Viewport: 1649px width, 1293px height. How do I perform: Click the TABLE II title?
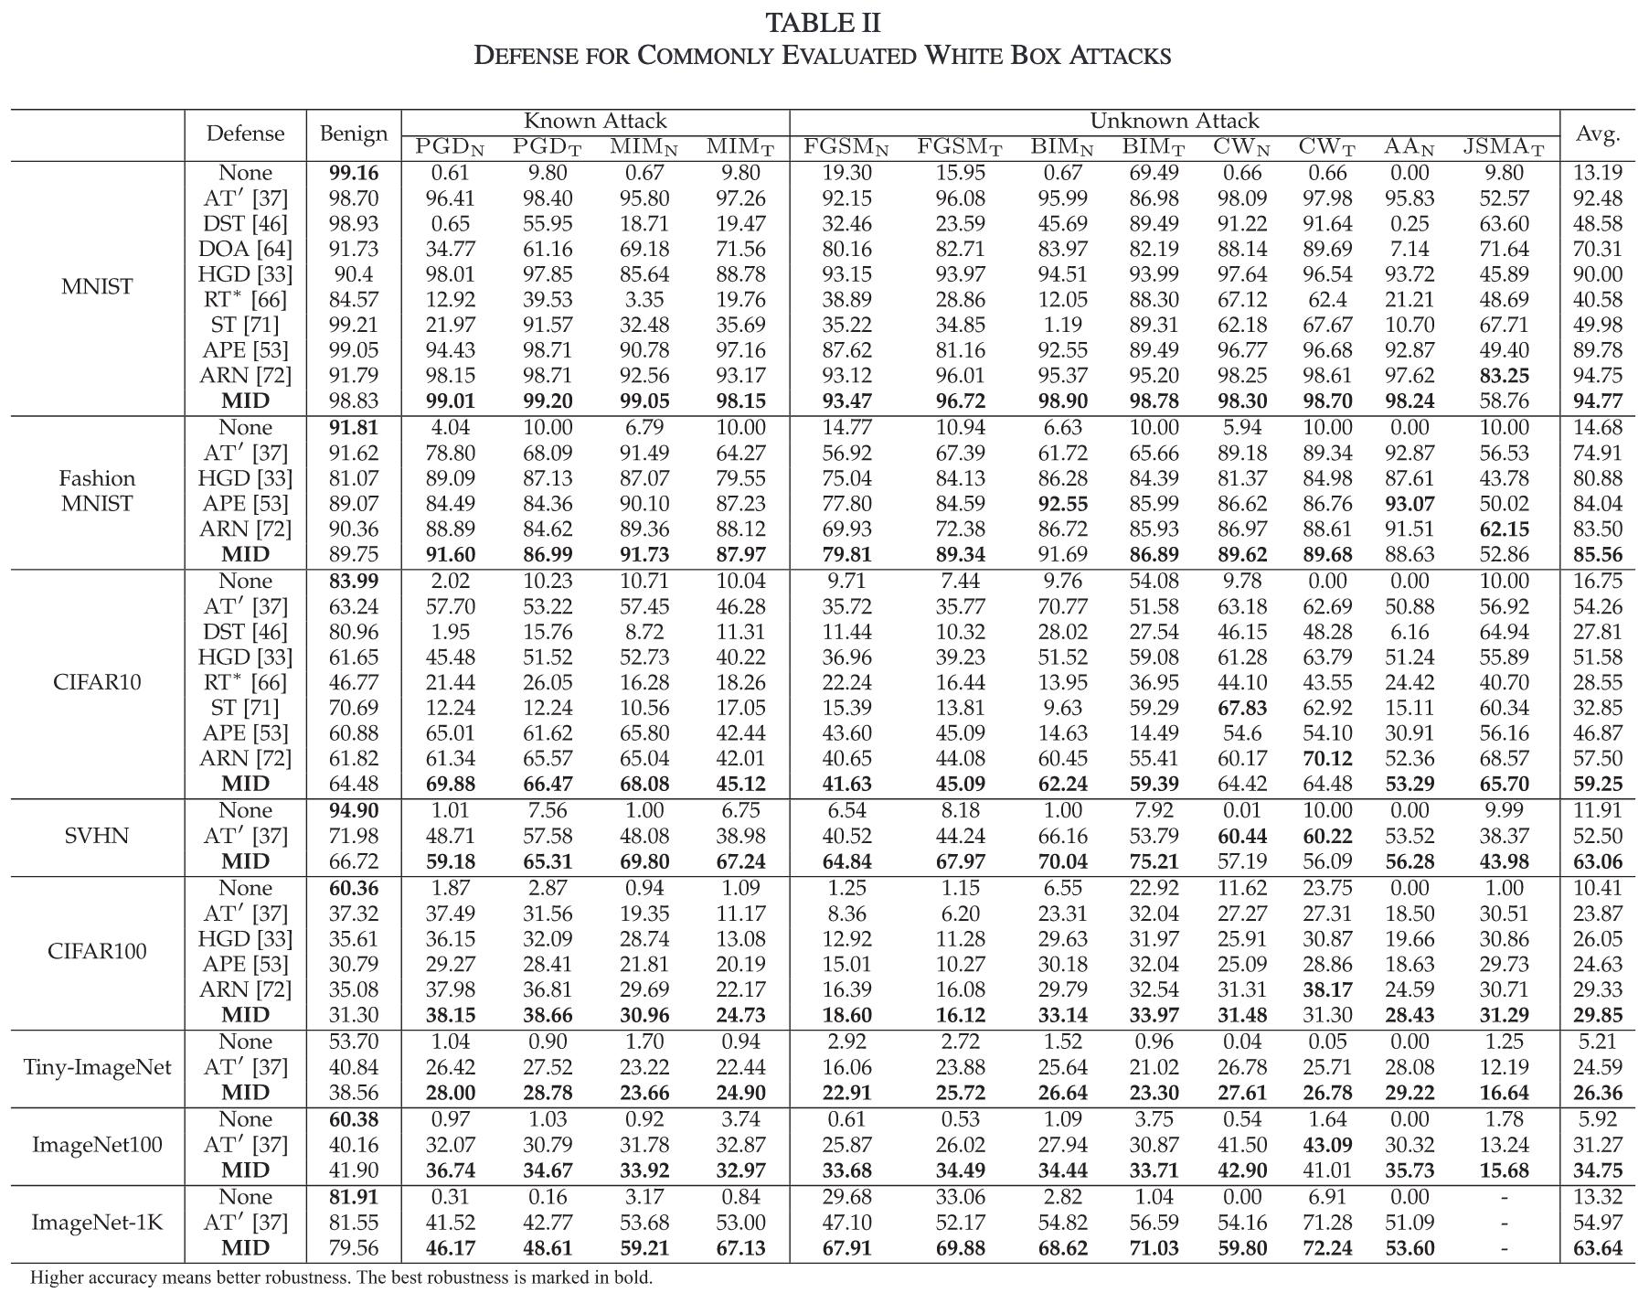[x=823, y=23]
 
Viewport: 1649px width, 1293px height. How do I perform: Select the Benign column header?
[x=354, y=134]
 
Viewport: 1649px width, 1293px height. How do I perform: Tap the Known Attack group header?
[x=595, y=121]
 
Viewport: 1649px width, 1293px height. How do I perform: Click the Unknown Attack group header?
[x=1175, y=121]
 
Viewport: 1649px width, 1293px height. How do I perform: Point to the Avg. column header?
[x=1597, y=134]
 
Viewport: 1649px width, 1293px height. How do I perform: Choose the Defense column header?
[x=245, y=134]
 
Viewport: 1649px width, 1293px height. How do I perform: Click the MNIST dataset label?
[x=97, y=287]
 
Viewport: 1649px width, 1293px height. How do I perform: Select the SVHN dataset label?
[x=97, y=836]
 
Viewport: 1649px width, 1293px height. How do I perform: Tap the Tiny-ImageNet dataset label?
[x=97, y=1067]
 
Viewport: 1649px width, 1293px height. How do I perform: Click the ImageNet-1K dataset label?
[x=97, y=1223]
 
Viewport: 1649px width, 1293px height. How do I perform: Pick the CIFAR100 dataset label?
[x=97, y=951]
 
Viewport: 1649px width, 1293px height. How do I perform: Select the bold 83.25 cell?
[x=1504, y=376]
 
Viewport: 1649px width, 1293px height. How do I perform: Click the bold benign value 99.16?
[x=354, y=173]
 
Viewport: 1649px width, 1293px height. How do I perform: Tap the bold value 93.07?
[x=1409, y=504]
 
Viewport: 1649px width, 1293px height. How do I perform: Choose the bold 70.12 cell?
[x=1326, y=759]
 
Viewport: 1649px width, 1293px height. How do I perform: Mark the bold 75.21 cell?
[x=1154, y=861]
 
